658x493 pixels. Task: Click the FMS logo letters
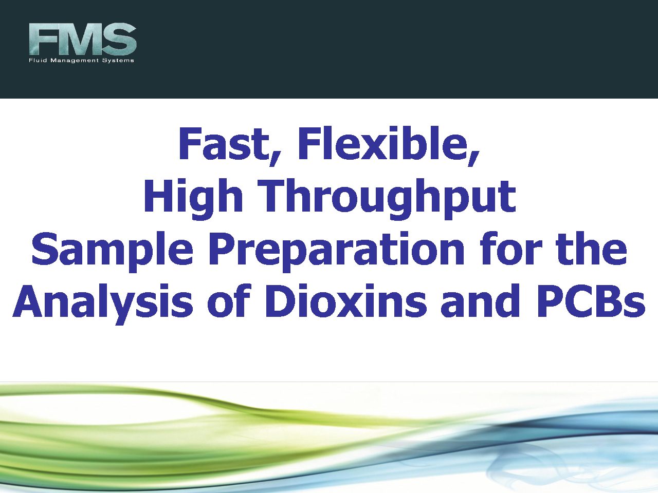point(82,39)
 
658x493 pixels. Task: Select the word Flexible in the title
point(389,145)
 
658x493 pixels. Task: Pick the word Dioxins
point(345,300)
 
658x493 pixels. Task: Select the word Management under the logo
point(75,61)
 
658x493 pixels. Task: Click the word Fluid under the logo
point(38,60)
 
